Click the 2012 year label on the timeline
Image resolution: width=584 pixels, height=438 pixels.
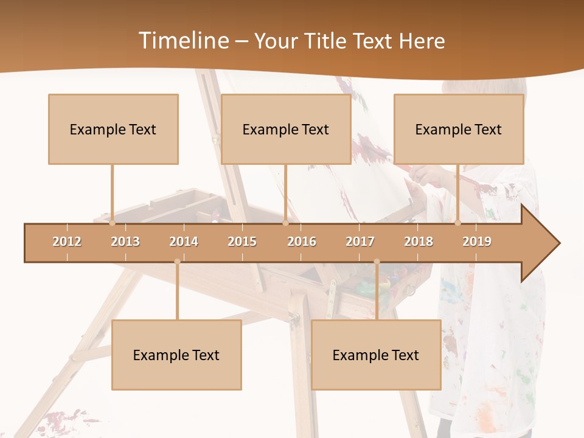click(x=67, y=242)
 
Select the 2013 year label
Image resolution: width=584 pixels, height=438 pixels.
click(x=125, y=242)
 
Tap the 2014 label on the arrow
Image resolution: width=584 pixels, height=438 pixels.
click(x=184, y=242)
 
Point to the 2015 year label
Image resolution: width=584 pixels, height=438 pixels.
click(x=242, y=242)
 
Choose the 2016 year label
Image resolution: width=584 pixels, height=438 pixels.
click(x=302, y=242)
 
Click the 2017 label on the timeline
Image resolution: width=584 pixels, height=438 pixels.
click(x=360, y=242)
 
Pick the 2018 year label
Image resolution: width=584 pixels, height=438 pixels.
click(x=419, y=242)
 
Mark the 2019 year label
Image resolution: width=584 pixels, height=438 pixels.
click(x=477, y=242)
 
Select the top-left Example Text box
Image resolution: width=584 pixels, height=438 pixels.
click(x=113, y=129)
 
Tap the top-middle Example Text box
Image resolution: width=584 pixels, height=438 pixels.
click(x=286, y=129)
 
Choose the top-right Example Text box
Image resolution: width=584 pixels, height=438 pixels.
click(x=459, y=129)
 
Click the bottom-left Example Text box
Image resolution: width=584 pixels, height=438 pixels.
click(x=176, y=355)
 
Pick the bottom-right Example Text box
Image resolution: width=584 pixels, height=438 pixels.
click(x=376, y=355)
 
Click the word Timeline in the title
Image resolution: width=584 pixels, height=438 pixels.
click(x=182, y=41)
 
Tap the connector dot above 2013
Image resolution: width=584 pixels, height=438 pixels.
click(x=112, y=223)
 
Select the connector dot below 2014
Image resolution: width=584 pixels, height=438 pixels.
click(x=177, y=262)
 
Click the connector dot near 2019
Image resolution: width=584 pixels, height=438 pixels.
click(x=458, y=223)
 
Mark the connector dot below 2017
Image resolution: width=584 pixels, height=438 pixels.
click(x=377, y=262)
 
